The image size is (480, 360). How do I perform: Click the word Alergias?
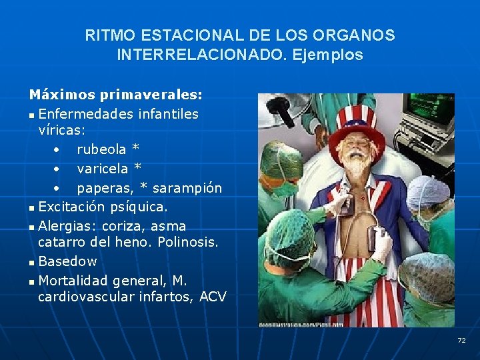click(x=65, y=225)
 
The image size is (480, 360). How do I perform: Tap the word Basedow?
click(x=67, y=261)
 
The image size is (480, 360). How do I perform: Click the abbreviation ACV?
click(x=213, y=297)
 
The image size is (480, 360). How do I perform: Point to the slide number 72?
click(x=461, y=341)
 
